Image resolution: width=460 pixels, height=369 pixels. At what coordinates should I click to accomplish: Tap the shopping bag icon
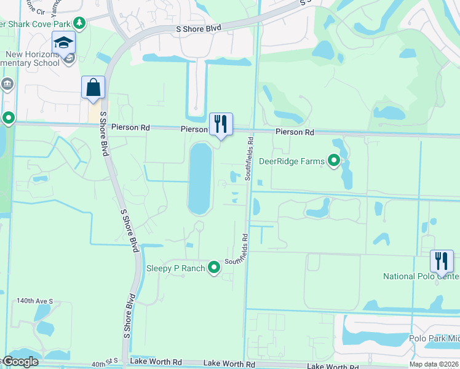pos(93,87)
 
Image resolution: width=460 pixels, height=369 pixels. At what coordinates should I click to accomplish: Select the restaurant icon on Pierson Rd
pos(221,124)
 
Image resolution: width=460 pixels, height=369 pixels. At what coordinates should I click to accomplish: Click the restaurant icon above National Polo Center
pos(442,261)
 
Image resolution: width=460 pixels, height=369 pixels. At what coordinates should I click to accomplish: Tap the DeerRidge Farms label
pos(291,161)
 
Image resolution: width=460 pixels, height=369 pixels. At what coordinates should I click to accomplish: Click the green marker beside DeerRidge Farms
pos(334,161)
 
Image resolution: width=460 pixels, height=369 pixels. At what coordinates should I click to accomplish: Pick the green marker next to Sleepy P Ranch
pos(214,268)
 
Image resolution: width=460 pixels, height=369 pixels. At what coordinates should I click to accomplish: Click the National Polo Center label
pos(421,276)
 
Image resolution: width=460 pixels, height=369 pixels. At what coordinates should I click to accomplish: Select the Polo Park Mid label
pos(434,338)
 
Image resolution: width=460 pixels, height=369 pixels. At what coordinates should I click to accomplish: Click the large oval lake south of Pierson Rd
pos(199,178)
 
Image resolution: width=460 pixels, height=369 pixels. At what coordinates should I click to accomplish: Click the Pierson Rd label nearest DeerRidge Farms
pos(295,132)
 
